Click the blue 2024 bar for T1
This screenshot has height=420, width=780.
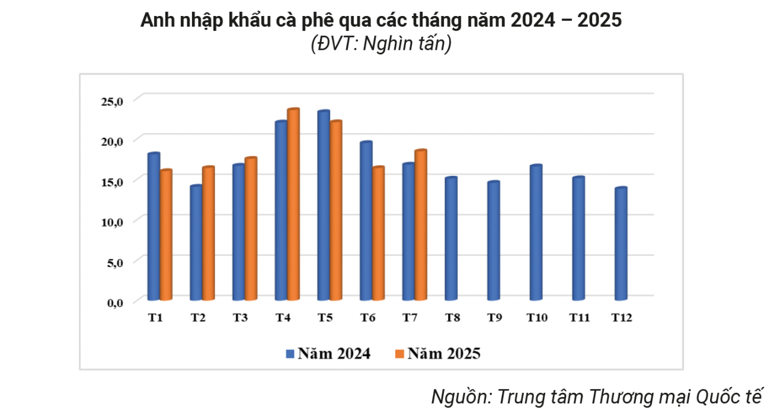point(154,227)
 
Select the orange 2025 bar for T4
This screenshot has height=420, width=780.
point(293,205)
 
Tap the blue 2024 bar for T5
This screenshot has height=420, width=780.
point(323,206)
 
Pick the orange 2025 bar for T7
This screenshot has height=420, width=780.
point(420,226)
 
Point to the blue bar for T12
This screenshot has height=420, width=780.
point(621,244)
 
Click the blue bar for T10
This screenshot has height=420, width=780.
point(536,233)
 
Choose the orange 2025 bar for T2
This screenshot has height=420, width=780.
point(208,234)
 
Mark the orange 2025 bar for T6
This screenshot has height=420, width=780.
point(378,234)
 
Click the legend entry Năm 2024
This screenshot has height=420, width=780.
point(328,354)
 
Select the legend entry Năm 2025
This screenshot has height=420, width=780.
point(437,354)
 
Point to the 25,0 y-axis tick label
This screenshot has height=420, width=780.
point(111,101)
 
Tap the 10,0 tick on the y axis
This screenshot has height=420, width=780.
point(111,222)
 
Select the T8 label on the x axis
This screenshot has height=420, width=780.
point(453,318)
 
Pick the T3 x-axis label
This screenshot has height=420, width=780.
point(240,318)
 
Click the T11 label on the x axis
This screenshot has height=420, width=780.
point(580,318)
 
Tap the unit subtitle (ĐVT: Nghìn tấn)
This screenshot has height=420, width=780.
point(381,44)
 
